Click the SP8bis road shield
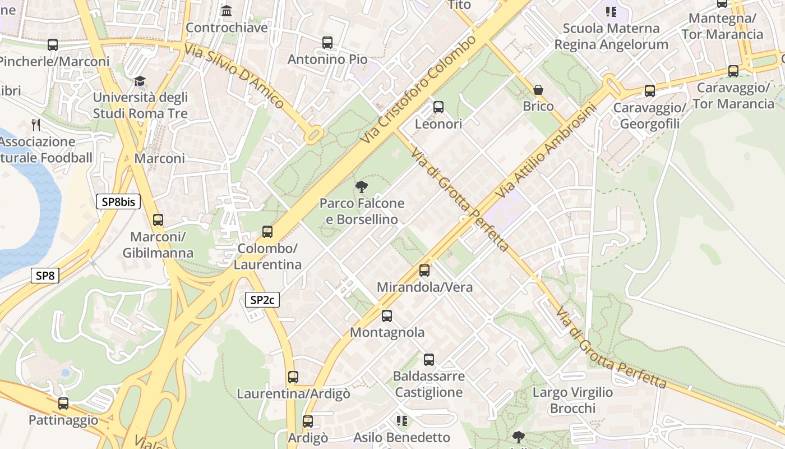pos(118,201)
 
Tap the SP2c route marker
pos(262,300)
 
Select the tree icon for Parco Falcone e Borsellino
pos(362,186)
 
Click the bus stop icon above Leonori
pos(438,107)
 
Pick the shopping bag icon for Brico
pos(538,90)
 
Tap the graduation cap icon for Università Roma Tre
pos(140,81)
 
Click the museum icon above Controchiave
pos(227,11)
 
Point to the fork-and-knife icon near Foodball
pos(36,125)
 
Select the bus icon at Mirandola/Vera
pos(424,271)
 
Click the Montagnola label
pos(387,332)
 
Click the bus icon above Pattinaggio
pos(63,403)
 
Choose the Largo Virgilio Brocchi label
pos(572,400)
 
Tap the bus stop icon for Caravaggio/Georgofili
pos(650,90)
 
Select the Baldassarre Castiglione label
pos(429,384)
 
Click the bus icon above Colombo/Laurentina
pos(267,231)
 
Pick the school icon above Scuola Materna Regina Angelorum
pos(611,11)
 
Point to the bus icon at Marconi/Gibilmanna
pos(158,220)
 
